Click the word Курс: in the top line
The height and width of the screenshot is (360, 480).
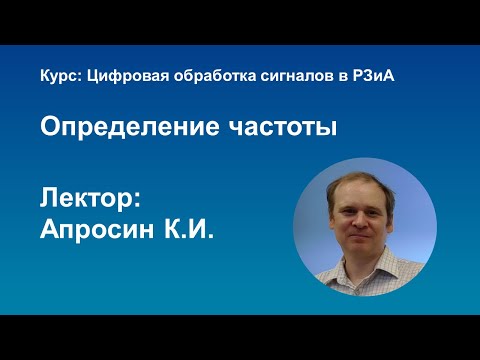coord(57,78)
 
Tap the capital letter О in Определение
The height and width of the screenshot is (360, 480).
coord(49,128)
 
